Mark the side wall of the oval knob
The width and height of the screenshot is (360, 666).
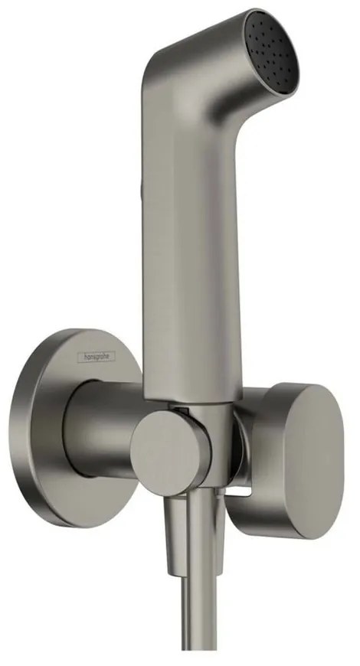(x=265, y=452)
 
